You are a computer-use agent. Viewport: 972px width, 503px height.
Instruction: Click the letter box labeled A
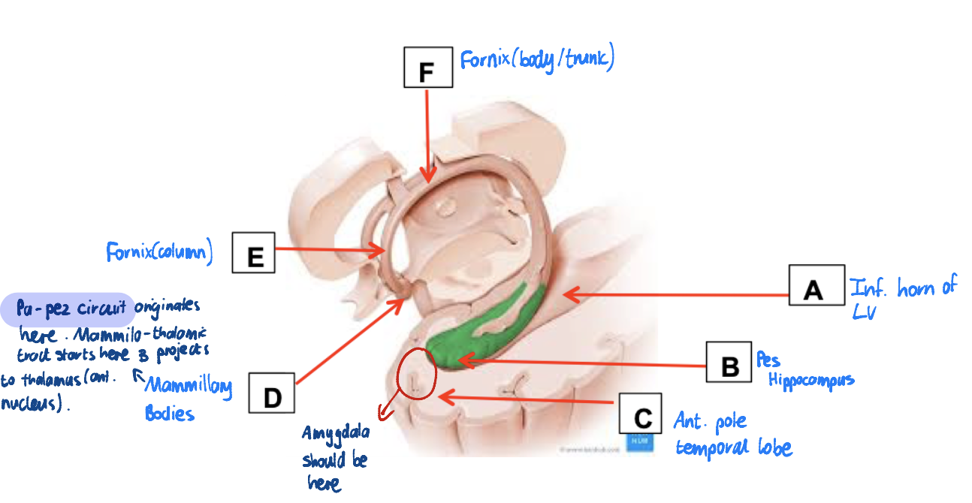tap(814, 286)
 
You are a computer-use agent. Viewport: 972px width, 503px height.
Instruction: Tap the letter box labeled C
tap(641, 415)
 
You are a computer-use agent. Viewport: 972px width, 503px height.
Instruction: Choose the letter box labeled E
tap(254, 252)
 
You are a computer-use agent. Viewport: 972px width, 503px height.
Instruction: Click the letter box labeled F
tap(427, 68)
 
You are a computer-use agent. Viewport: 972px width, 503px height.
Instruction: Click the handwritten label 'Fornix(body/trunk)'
tap(537, 59)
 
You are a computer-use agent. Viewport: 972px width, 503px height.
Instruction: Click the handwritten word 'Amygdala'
tap(336, 434)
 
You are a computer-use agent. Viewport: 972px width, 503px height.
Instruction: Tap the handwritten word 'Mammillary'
tap(188, 387)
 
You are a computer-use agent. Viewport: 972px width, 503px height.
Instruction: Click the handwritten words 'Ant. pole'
tap(710, 422)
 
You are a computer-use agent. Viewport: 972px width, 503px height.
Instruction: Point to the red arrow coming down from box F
tap(427, 135)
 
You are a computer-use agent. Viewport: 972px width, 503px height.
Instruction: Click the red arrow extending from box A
tap(676, 296)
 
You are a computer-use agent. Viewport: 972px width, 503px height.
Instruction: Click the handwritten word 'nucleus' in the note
tap(30, 404)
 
